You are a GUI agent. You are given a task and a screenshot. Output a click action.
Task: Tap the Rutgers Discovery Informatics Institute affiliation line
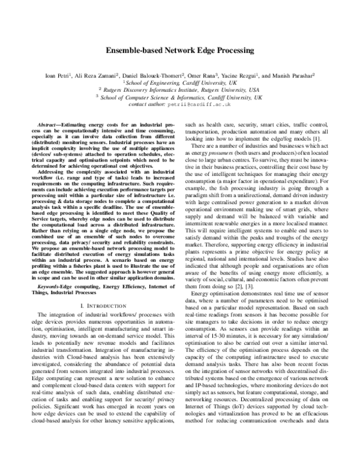(x=179, y=89)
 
